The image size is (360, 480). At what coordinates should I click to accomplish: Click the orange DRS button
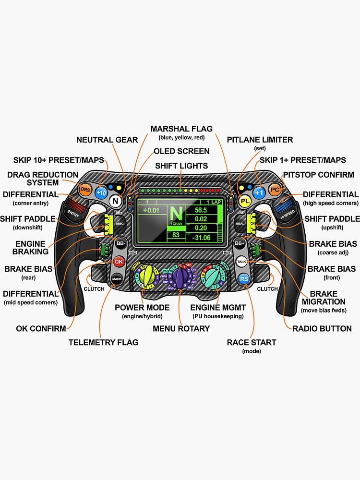(85, 190)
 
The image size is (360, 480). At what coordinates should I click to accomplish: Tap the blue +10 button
(101, 193)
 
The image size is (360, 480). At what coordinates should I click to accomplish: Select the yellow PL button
(245, 201)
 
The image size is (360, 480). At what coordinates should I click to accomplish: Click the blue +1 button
(259, 193)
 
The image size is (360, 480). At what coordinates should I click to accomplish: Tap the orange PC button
(275, 190)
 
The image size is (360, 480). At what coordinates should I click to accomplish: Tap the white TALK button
(241, 262)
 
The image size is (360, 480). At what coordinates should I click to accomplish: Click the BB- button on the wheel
(120, 243)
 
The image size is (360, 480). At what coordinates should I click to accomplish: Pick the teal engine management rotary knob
(212, 276)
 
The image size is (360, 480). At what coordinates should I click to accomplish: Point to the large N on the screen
(177, 213)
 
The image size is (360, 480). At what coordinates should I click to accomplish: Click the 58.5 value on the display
(201, 210)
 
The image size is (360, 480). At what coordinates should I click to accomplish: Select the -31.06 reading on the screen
(201, 238)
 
